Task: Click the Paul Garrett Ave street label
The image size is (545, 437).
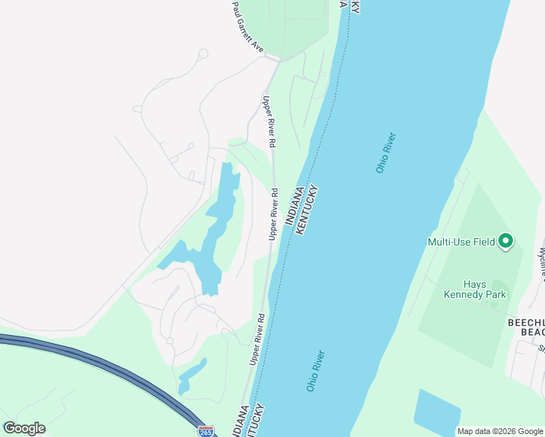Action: tap(247, 27)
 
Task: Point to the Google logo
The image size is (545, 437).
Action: tap(24, 428)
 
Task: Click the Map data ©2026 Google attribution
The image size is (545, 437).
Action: tap(501, 431)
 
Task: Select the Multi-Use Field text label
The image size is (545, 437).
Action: tap(461, 242)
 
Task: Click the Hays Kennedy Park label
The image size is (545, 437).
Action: tap(474, 290)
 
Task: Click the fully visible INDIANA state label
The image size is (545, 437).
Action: tap(298, 210)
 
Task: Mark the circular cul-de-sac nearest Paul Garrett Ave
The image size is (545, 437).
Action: tap(203, 53)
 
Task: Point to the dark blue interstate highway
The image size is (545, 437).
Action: tap(109, 364)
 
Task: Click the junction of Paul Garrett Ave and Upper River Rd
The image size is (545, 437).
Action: tap(274, 58)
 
